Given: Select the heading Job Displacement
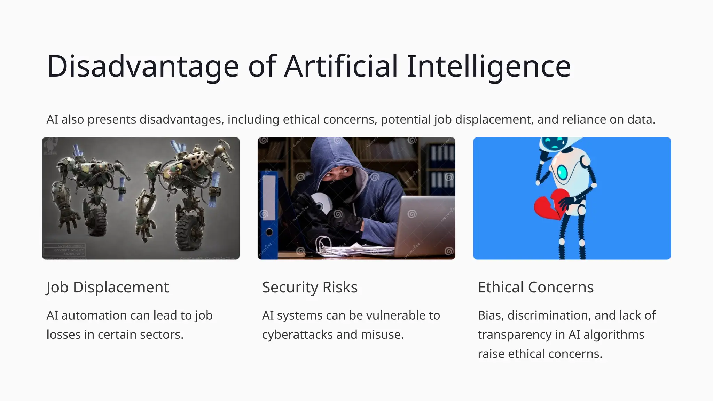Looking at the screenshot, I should tap(108, 288).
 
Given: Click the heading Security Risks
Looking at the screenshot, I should tap(310, 288).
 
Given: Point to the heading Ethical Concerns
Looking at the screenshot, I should tap(535, 288).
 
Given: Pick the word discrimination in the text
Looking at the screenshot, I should tap(549, 315).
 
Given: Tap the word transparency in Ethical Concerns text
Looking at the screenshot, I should tap(514, 335).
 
